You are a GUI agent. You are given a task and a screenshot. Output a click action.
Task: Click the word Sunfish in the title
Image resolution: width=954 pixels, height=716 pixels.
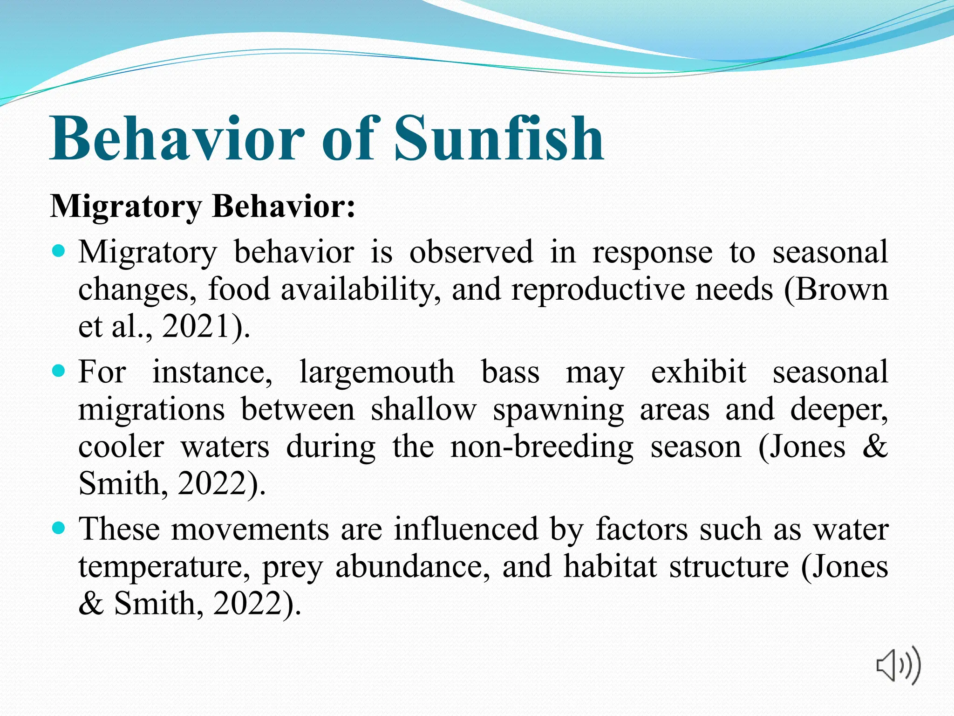[x=498, y=138]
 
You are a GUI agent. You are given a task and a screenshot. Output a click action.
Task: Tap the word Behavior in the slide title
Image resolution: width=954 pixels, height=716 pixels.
[x=177, y=138]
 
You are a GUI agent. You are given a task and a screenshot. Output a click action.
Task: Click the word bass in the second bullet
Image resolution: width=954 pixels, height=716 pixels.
[x=510, y=372]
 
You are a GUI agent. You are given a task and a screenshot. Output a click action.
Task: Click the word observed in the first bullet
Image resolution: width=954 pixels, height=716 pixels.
[x=471, y=252]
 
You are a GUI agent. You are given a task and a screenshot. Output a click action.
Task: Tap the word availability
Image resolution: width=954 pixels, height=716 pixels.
[x=361, y=289]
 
